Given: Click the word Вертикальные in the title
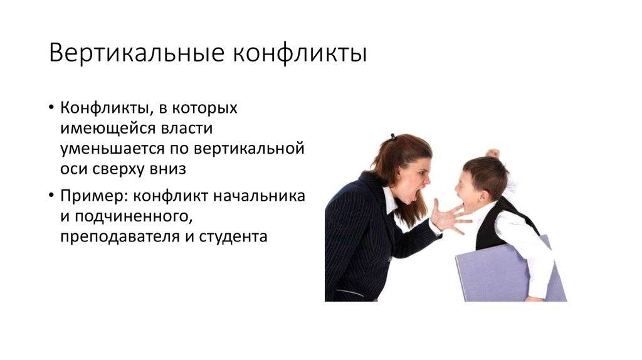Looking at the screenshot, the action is tap(137, 53).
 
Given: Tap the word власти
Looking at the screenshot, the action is tap(186, 128).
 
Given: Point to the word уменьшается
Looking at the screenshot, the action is tap(112, 149).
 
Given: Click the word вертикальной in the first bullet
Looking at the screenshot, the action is tap(249, 149).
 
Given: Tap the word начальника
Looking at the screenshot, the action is tap(259, 196).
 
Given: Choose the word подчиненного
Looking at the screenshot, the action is tap(134, 216).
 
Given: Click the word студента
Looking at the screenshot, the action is tap(233, 236).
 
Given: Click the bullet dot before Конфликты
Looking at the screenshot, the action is tap(51, 108).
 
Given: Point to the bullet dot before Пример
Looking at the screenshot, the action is tap(51, 195).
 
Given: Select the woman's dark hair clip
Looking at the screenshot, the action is tap(394, 137).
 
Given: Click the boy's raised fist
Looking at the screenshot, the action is tap(493, 154).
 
